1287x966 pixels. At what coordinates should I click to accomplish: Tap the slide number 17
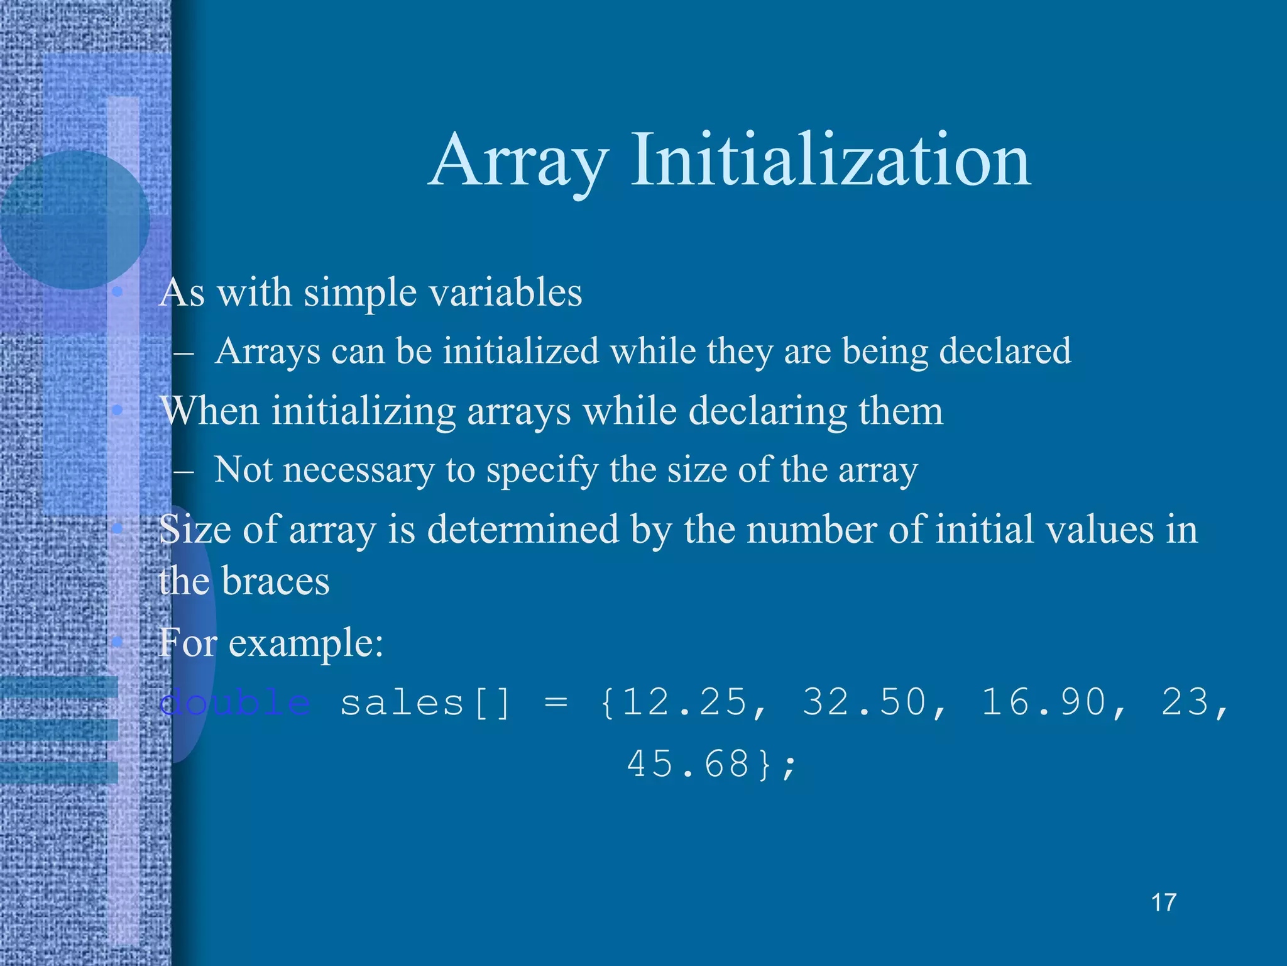click(1163, 902)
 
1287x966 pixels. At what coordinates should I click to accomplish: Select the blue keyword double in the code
click(234, 702)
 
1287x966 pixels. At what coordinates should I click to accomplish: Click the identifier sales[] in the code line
click(425, 702)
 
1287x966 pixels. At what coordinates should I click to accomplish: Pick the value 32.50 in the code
click(863, 702)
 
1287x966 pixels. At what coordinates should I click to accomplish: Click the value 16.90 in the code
click(1043, 702)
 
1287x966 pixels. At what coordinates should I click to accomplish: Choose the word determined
click(523, 530)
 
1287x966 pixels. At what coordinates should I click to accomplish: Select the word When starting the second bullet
click(209, 411)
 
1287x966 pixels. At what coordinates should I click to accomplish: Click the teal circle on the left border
click(74, 219)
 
